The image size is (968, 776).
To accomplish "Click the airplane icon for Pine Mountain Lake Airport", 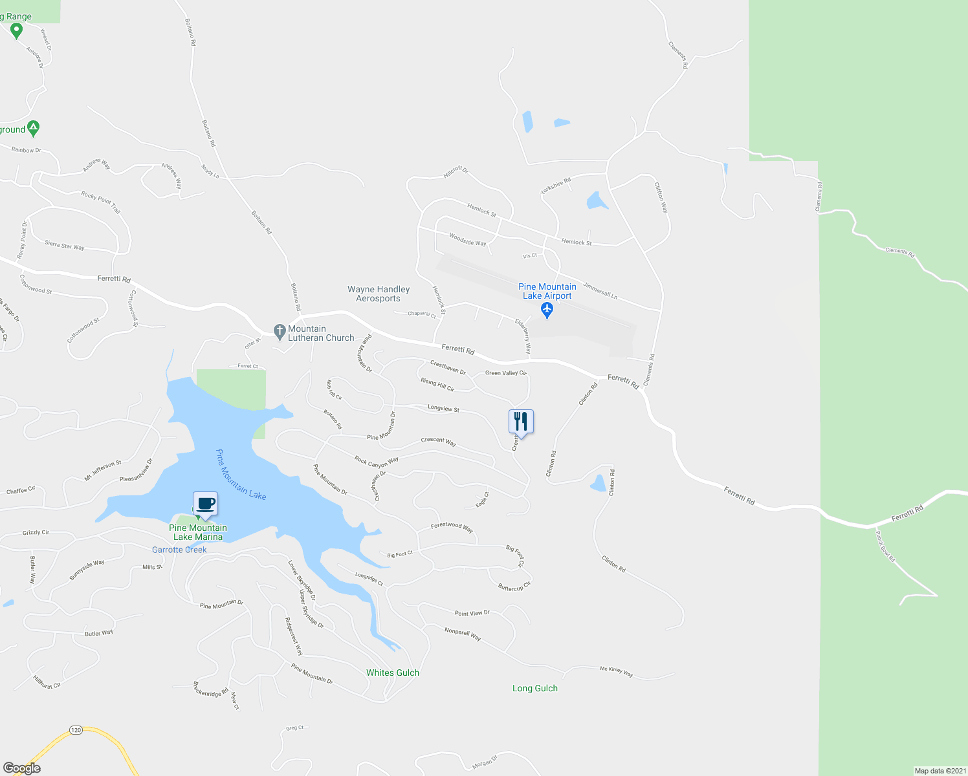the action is (547, 310).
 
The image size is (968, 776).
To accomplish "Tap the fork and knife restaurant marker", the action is (521, 422).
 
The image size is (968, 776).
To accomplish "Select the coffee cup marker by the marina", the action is (205, 504).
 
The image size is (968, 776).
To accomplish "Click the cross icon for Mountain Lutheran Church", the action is (280, 332).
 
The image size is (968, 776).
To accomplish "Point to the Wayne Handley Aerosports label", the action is (379, 294).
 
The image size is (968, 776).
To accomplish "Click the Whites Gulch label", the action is (393, 673).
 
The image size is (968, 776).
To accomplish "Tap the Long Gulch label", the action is (535, 688).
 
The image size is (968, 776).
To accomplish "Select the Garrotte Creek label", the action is (179, 550).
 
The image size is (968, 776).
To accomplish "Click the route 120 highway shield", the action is (76, 730).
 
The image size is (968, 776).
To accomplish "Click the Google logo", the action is (21, 768).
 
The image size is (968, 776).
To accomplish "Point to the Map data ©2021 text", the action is (940, 771).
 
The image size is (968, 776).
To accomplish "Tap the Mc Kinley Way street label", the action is (616, 671).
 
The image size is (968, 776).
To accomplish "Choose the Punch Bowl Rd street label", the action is (885, 546).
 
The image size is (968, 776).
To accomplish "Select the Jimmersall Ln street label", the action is (600, 290).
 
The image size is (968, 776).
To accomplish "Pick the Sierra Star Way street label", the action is (64, 246).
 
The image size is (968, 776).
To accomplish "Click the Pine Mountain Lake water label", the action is (241, 475).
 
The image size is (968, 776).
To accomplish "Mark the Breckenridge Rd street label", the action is (211, 689).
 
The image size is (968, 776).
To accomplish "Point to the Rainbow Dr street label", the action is (26, 150).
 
